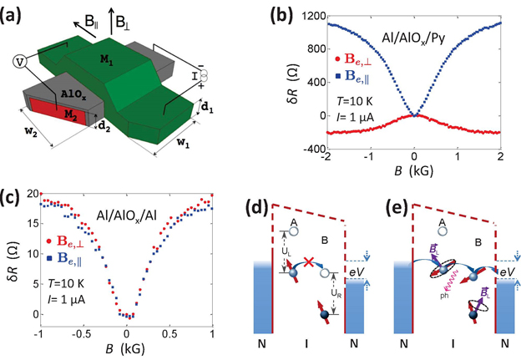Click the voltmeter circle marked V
20,62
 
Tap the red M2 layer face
58,111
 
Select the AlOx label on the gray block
73,94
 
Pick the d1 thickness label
207,108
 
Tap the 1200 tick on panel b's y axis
313,17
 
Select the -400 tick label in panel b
314,150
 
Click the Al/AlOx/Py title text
413,38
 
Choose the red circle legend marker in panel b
337,58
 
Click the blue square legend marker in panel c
50,258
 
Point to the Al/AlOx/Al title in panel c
127,216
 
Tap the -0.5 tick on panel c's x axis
83,334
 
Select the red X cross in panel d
309,261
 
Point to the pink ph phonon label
444,296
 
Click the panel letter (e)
397,209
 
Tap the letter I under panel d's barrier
306,343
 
